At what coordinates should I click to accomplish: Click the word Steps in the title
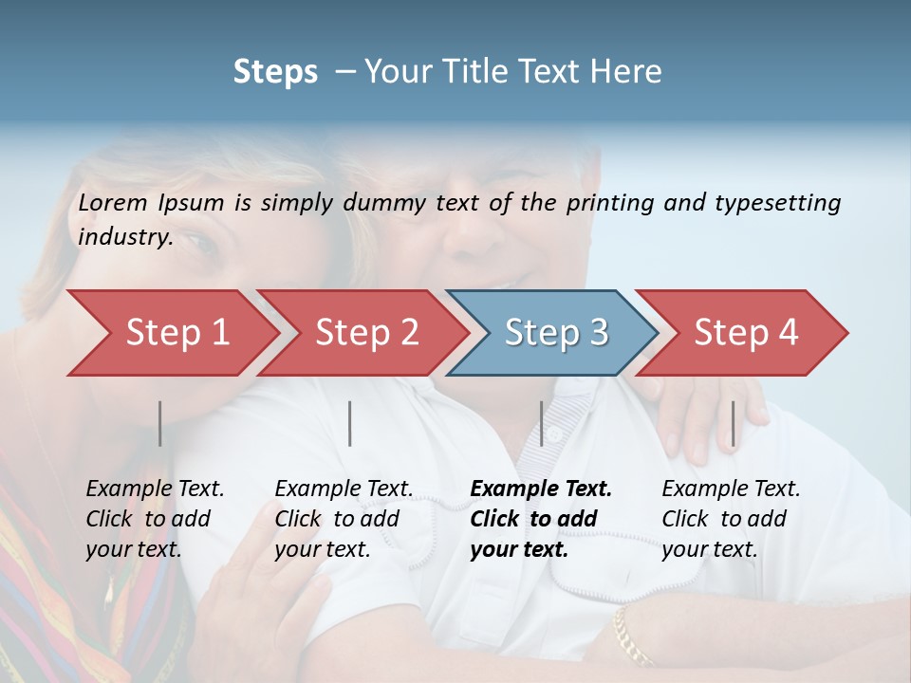[275, 71]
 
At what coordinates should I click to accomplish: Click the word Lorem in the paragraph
[113, 202]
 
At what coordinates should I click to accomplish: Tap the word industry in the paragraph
[124, 237]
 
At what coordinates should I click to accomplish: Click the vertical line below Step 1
[160, 423]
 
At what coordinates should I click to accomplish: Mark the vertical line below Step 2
[350, 423]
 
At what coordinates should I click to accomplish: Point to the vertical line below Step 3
[542, 423]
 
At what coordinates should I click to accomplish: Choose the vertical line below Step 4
[734, 423]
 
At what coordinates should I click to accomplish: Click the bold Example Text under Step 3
[541, 489]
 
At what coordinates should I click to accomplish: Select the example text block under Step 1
[155, 519]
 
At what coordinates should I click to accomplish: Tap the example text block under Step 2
[344, 519]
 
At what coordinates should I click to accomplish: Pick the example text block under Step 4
[731, 519]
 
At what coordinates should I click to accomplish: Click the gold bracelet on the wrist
[632, 637]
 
